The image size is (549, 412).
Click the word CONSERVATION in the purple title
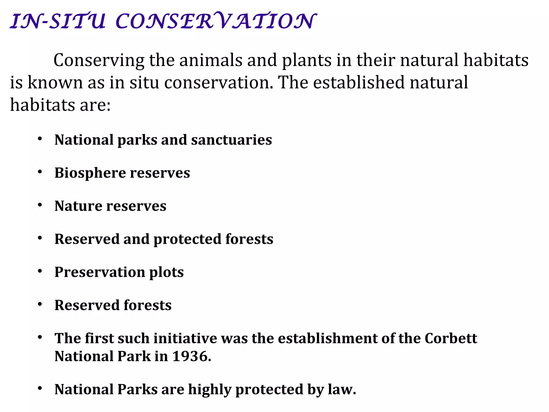(x=216, y=21)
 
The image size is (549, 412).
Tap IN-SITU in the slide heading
(x=58, y=21)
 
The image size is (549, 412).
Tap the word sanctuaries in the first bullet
(x=231, y=140)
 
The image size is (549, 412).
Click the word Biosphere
(x=90, y=173)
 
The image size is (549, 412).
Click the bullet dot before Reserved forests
(x=40, y=304)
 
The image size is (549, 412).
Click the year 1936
(x=191, y=356)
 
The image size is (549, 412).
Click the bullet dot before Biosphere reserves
(x=40, y=172)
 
